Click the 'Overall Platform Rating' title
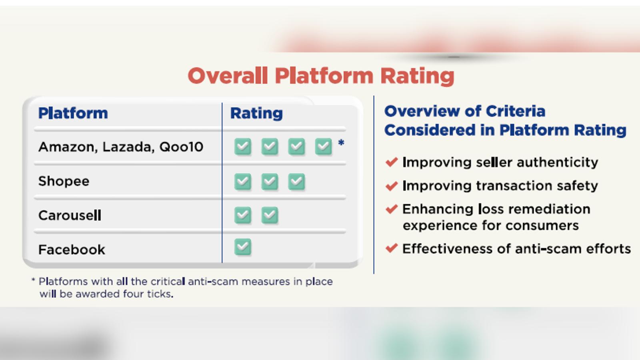pyautogui.click(x=321, y=76)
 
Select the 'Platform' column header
pyautogui.click(x=73, y=113)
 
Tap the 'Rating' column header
pyautogui.click(x=256, y=114)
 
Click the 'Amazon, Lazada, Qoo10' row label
pyautogui.click(x=121, y=147)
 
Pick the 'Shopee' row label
pyautogui.click(x=64, y=181)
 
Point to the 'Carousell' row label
pyautogui.click(x=70, y=215)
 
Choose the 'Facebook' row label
pyautogui.click(x=72, y=250)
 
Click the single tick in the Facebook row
pyautogui.click(x=243, y=247)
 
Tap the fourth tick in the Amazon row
pyautogui.click(x=324, y=146)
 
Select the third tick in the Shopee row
pyautogui.click(x=296, y=182)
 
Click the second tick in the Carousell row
pyautogui.click(x=270, y=215)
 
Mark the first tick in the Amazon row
pyautogui.click(x=243, y=146)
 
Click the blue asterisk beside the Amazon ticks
pyautogui.click(x=341, y=142)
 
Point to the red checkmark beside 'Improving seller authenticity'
pyautogui.click(x=392, y=162)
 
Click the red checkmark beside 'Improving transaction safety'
pyautogui.click(x=392, y=186)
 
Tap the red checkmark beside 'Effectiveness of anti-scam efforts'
pyautogui.click(x=392, y=248)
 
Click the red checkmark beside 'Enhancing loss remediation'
pyautogui.click(x=392, y=209)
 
